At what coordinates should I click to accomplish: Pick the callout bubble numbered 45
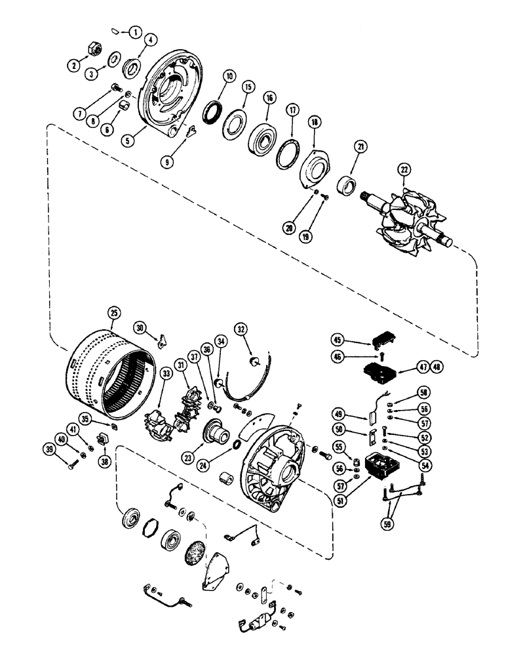coord(338,340)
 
